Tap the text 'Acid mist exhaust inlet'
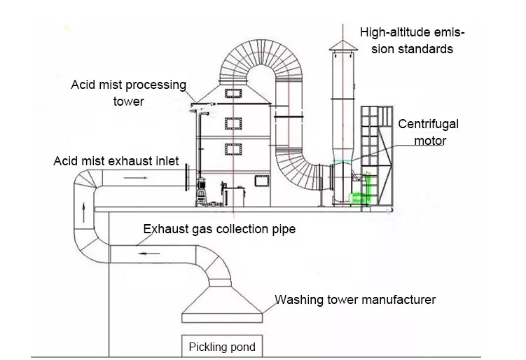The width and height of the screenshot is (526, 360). (116, 161)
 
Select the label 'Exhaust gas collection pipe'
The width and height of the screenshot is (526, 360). (219, 229)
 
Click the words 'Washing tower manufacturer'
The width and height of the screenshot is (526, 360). (355, 300)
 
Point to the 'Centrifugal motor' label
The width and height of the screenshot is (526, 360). (429, 132)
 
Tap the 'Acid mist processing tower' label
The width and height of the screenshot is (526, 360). (129, 92)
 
